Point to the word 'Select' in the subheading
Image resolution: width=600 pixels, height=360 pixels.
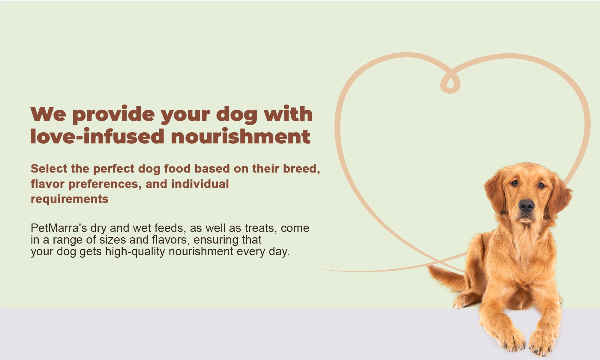click(49, 169)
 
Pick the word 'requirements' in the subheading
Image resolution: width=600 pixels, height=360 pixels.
click(70, 199)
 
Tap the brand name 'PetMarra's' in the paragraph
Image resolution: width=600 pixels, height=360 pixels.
click(59, 228)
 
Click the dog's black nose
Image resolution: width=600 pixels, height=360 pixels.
click(526, 205)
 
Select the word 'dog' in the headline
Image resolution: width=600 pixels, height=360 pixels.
click(237, 115)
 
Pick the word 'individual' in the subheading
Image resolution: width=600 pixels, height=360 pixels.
click(200, 184)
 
